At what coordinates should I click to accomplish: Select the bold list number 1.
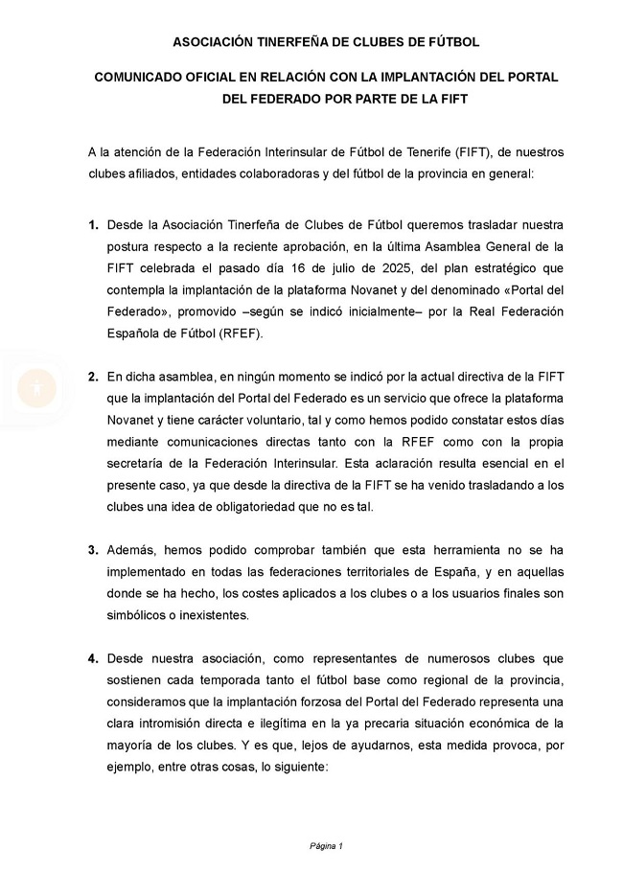click(93, 226)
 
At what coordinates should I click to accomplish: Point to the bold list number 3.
click(93, 550)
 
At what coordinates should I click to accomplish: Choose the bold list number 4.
click(93, 658)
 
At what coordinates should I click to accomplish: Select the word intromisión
click(177, 724)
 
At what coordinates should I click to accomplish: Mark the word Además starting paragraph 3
click(132, 550)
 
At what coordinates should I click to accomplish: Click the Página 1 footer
click(325, 845)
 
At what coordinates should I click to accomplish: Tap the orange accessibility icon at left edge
click(36, 387)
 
